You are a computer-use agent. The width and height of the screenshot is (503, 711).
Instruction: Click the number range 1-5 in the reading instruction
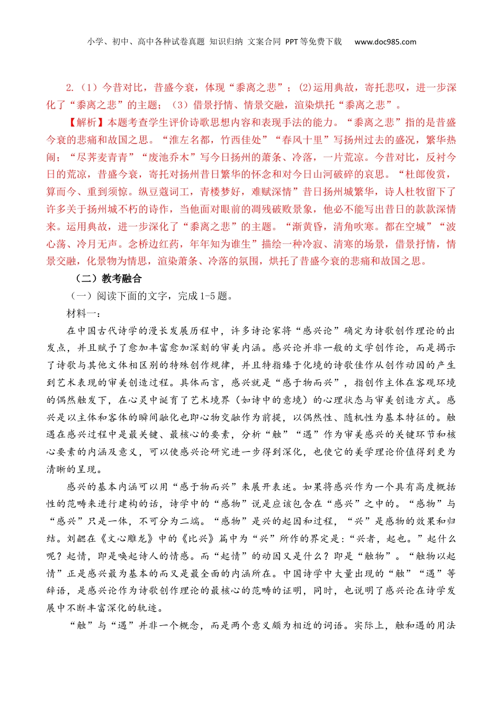point(209,296)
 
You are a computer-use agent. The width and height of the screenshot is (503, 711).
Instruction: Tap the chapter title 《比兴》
point(199,539)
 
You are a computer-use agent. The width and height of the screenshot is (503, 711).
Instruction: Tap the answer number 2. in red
point(70,88)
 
